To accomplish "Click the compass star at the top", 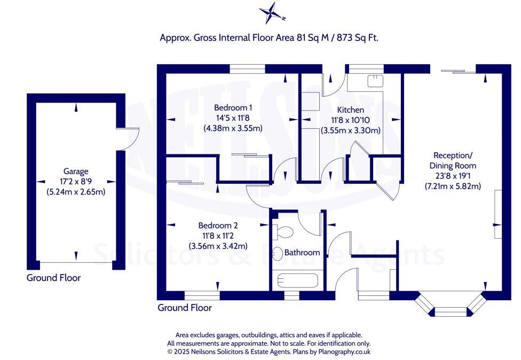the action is pyautogui.click(x=272, y=13).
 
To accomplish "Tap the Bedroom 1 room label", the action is pyautogui.click(x=233, y=108).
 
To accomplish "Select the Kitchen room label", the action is pyautogui.click(x=351, y=109).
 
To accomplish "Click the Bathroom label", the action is pyautogui.click(x=302, y=252).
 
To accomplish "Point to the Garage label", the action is pyautogui.click(x=76, y=171).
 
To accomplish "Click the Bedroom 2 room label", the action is pyautogui.click(x=218, y=225).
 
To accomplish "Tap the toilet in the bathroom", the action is pyautogui.click(x=283, y=232).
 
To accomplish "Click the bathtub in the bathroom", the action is pyautogui.click(x=298, y=280).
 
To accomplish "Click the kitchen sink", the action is pyautogui.click(x=375, y=81).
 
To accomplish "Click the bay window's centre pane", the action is pyautogui.click(x=451, y=312).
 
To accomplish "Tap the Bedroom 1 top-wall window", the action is pyautogui.click(x=248, y=69).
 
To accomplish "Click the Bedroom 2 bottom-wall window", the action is pyautogui.click(x=202, y=295).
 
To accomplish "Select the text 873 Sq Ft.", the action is pyautogui.click(x=358, y=37).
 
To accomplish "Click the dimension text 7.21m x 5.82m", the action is pyautogui.click(x=453, y=186).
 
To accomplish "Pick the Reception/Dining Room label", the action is pyautogui.click(x=453, y=160).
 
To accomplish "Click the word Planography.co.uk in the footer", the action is pyautogui.click(x=344, y=351).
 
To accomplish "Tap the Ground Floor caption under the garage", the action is pyautogui.click(x=53, y=278).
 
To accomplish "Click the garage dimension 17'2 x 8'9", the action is pyautogui.click(x=76, y=182).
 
